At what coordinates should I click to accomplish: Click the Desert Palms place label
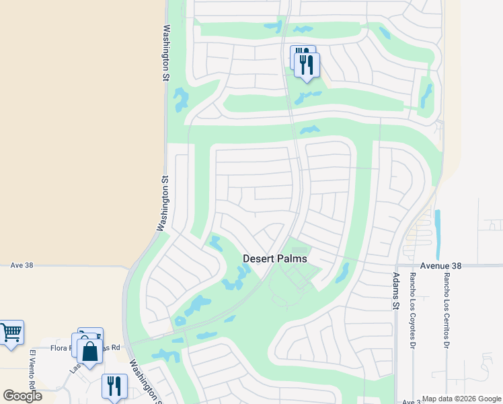pyautogui.click(x=274, y=259)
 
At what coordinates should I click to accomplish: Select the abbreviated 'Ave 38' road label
pyautogui.click(x=22, y=266)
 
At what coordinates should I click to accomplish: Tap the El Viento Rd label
pyautogui.click(x=32, y=367)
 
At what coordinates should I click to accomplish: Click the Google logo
pyautogui.click(x=22, y=395)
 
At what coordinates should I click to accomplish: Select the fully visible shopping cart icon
pyautogui.click(x=11, y=331)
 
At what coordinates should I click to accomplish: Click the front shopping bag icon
pyautogui.click(x=89, y=350)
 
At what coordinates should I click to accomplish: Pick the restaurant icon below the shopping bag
pyautogui.click(x=114, y=386)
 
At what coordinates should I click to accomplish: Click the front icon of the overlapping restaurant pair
pyautogui.click(x=307, y=65)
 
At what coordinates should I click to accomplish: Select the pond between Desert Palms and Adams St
pyautogui.click(x=342, y=273)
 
